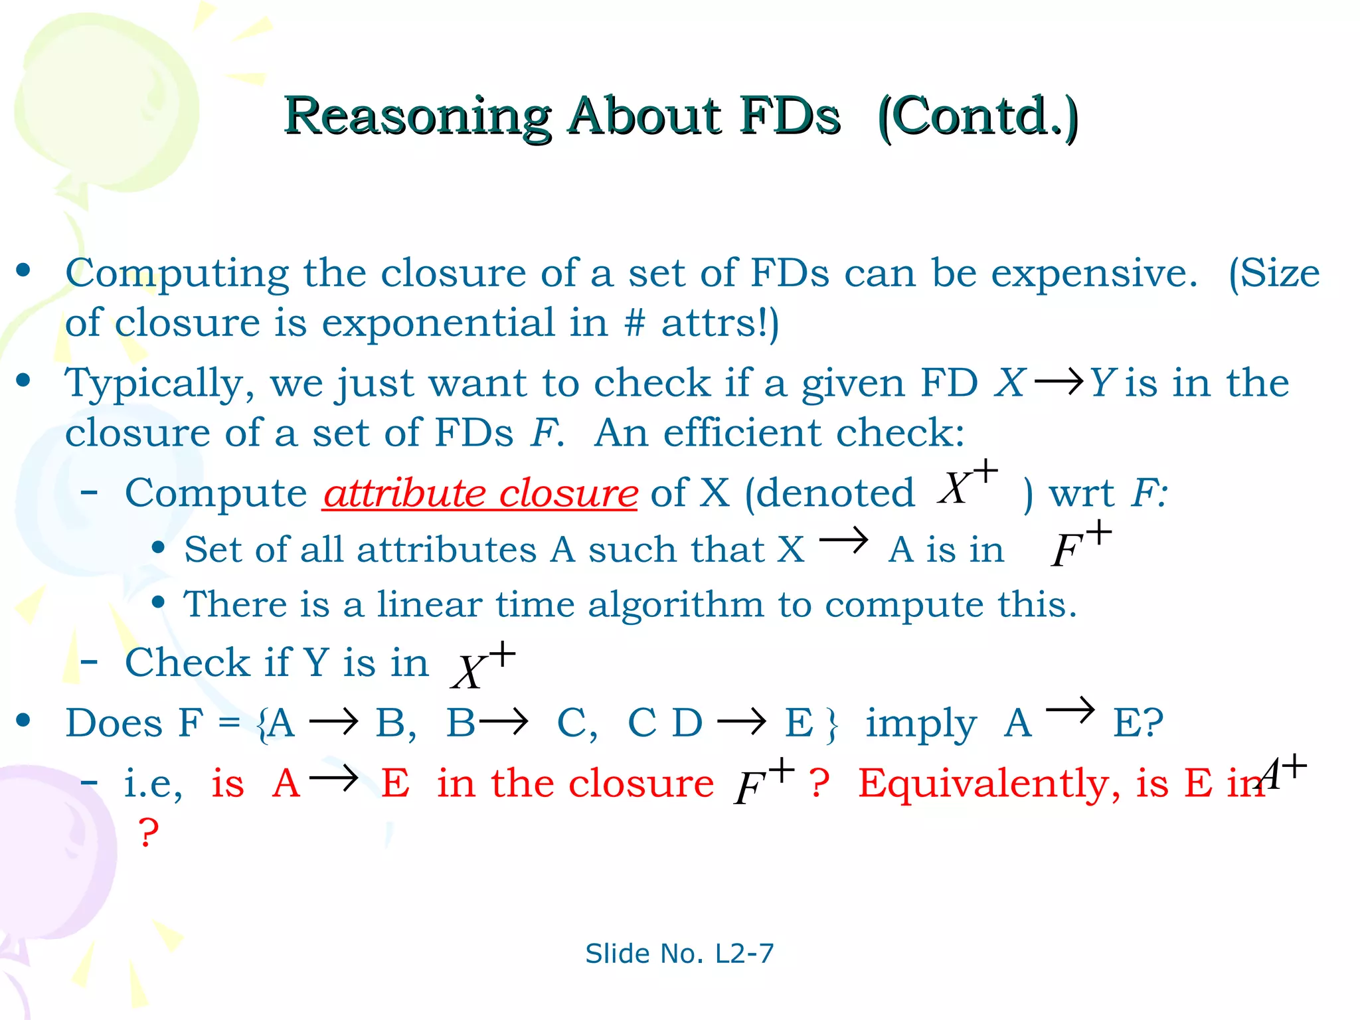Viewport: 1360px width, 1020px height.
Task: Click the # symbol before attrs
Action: click(634, 323)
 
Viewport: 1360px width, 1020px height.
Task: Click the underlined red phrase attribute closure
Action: click(480, 493)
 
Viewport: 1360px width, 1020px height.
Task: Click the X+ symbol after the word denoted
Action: click(967, 483)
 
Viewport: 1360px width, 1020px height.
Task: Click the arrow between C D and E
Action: click(742, 722)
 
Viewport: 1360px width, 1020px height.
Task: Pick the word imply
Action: click(920, 724)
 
